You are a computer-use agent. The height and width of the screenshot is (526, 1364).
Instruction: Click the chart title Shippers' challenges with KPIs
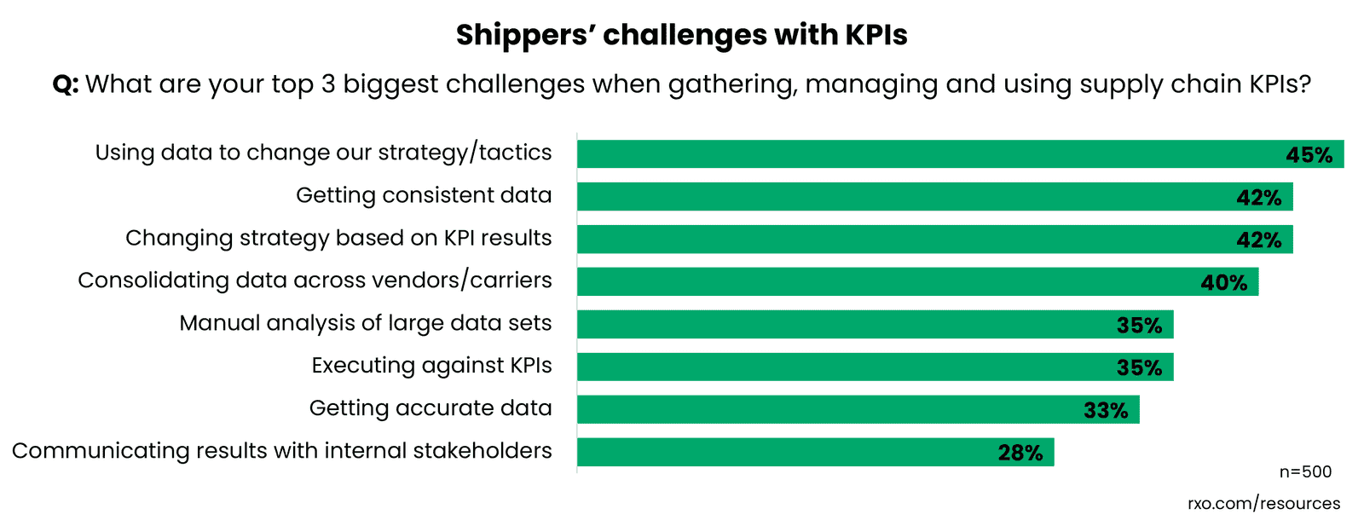pos(681,35)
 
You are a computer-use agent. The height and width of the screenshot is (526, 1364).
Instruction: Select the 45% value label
pos(1309,155)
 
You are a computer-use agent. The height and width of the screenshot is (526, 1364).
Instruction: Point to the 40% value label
pos(1223,283)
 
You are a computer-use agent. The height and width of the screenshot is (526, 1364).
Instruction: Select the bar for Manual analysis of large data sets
pos(852,325)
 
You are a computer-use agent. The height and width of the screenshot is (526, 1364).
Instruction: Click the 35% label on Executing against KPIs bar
pos(1139,368)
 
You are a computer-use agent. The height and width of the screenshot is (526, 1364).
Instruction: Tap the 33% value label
pos(1105,411)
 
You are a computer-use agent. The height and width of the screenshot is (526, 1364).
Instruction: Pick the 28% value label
pos(1020,454)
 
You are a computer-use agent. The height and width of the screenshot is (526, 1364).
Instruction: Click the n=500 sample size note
pos(1304,472)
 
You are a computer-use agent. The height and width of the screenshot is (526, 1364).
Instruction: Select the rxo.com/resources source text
pos(1263,504)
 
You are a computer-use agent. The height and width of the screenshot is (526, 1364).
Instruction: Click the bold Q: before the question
pos(66,84)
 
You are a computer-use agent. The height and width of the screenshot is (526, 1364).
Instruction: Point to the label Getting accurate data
pos(430,408)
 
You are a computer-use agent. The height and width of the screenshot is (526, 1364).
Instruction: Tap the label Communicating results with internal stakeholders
pos(281,451)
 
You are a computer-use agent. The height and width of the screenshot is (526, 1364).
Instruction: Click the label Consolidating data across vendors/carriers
pos(315,280)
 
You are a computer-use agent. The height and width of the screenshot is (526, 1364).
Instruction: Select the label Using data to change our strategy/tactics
pos(323,153)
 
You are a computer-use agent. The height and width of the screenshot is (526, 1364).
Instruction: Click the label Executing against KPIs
pos(431,366)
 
